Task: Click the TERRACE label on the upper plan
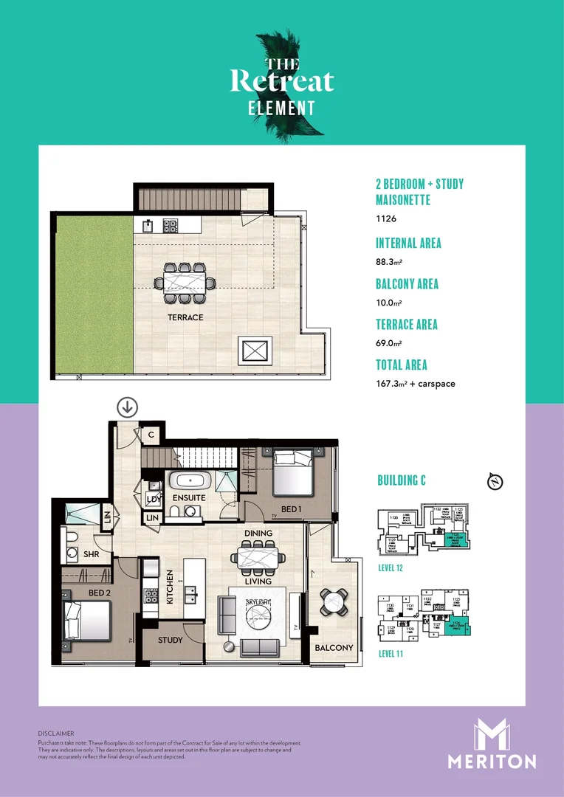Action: click(185, 317)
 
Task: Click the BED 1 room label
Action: click(292, 510)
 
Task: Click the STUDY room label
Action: click(171, 640)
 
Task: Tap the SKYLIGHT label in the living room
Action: click(258, 603)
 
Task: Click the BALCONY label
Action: click(334, 648)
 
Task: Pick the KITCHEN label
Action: click(171, 588)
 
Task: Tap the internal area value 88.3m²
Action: click(389, 262)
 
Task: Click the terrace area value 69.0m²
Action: click(389, 343)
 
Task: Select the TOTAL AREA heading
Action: click(402, 365)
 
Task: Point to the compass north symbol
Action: click(495, 482)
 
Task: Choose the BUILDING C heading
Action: click(402, 481)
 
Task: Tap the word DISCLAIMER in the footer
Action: click(56, 734)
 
